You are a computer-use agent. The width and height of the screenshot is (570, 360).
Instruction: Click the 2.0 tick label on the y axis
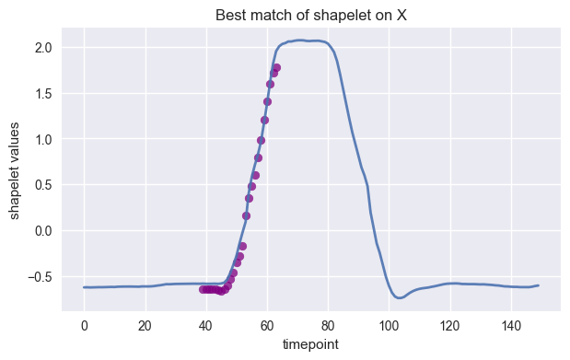pos(42,47)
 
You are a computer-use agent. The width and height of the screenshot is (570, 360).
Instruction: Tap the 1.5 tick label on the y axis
pos(42,93)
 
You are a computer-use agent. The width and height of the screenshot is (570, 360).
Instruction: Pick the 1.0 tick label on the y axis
pos(42,139)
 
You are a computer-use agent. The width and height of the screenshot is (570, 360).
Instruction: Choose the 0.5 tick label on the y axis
pos(42,185)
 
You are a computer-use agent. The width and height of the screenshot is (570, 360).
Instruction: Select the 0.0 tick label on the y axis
pos(42,230)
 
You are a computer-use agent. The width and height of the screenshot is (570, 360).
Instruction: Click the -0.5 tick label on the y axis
pos(40,276)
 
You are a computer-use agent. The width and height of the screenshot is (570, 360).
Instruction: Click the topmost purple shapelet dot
pos(276,67)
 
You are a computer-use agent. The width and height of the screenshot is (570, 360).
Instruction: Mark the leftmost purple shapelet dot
pos(204,289)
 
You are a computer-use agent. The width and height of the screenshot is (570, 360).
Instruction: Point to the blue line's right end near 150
pos(537,285)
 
